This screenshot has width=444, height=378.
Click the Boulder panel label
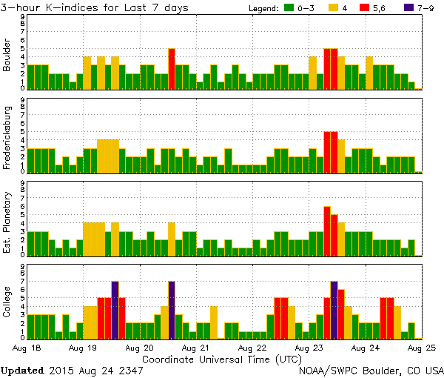[x=7, y=56]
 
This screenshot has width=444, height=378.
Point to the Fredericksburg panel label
[x=7, y=137]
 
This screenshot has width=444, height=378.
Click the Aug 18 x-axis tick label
[x=26, y=348]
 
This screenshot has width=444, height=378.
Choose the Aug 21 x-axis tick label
[x=194, y=348]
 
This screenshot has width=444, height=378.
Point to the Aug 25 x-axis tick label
[x=419, y=348]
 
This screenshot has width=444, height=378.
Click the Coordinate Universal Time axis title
[x=221, y=359]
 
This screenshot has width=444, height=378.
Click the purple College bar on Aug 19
[x=115, y=310]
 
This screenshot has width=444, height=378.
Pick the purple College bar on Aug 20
[x=172, y=310]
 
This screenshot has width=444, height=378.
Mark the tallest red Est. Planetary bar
[x=327, y=231]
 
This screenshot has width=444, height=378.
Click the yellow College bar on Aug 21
[x=214, y=322]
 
